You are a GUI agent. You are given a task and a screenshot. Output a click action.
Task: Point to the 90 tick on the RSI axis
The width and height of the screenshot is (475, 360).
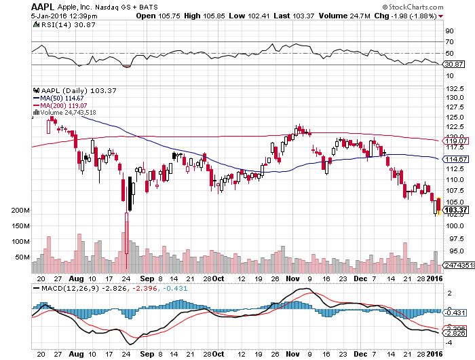(x=449, y=31)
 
